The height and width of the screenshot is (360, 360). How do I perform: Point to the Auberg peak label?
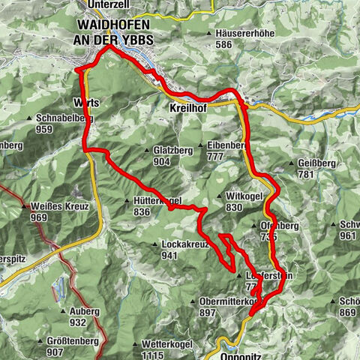pyautogui.click(x=84, y=311)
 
